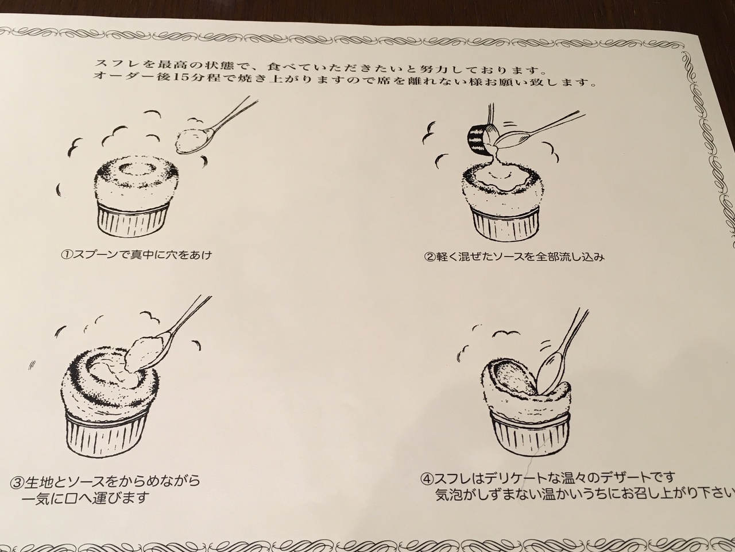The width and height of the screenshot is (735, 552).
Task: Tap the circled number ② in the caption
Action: click(x=430, y=257)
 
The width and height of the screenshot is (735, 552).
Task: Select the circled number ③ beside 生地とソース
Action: click(x=17, y=481)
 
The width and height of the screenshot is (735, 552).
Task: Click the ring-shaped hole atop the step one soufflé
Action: click(x=136, y=169)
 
